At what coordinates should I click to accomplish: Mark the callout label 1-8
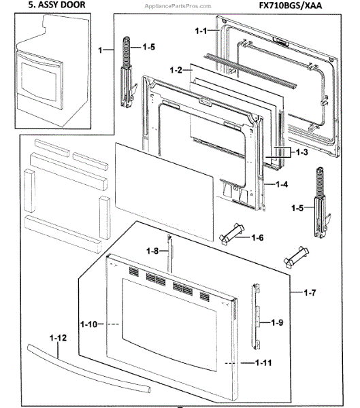(154, 252)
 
